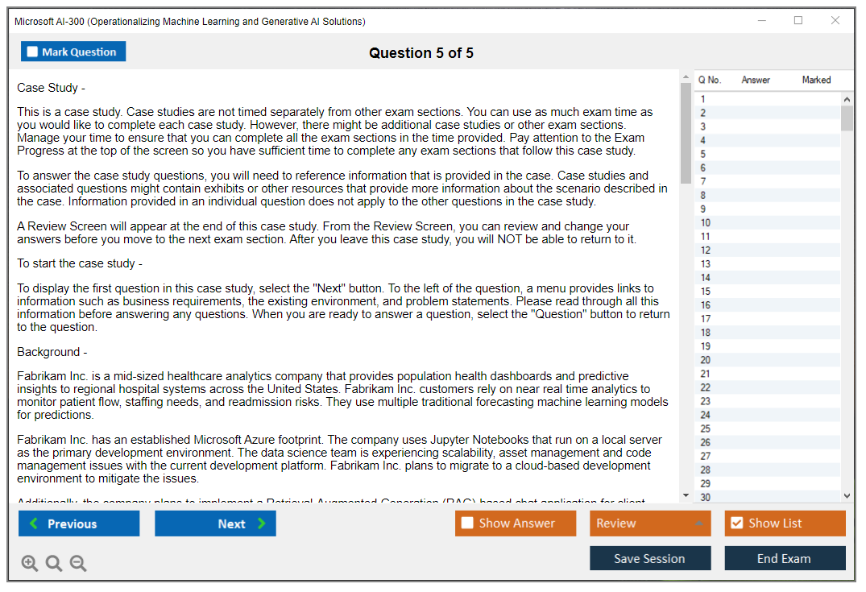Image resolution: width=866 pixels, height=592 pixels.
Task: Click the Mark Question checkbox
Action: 33,52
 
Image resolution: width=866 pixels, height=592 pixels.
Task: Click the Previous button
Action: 79,524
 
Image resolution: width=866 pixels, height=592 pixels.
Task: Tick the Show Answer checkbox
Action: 467,524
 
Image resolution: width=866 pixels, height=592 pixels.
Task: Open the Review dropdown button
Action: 650,524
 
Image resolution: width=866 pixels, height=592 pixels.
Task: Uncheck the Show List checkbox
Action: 736,524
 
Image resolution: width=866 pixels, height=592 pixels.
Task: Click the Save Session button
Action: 649,558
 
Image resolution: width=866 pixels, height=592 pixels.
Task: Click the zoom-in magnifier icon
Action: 30,564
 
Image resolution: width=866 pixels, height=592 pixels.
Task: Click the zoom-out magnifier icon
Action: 78,564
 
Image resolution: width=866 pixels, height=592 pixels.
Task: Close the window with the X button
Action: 835,21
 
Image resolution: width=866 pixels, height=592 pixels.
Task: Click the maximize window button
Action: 798,21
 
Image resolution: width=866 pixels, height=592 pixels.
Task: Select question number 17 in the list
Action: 706,319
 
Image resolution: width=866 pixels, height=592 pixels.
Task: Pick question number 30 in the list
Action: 706,497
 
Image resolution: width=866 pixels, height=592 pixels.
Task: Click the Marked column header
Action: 816,80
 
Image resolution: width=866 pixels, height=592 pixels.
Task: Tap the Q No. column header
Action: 710,80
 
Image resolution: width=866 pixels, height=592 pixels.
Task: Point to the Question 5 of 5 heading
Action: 421,53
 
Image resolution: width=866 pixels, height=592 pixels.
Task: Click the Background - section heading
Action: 52,352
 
